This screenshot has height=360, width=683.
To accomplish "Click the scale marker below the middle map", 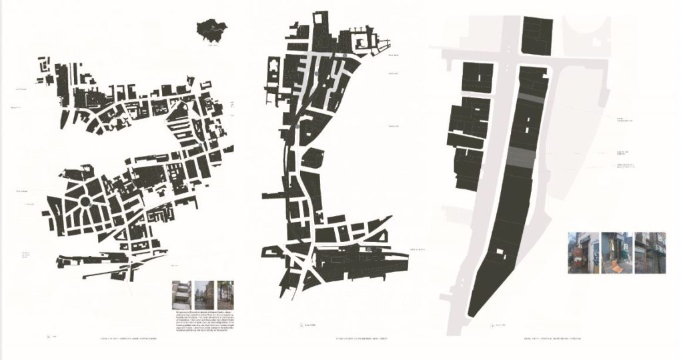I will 304,325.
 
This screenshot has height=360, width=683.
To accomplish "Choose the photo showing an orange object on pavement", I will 616,253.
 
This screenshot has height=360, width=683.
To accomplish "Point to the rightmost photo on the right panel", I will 650,253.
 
